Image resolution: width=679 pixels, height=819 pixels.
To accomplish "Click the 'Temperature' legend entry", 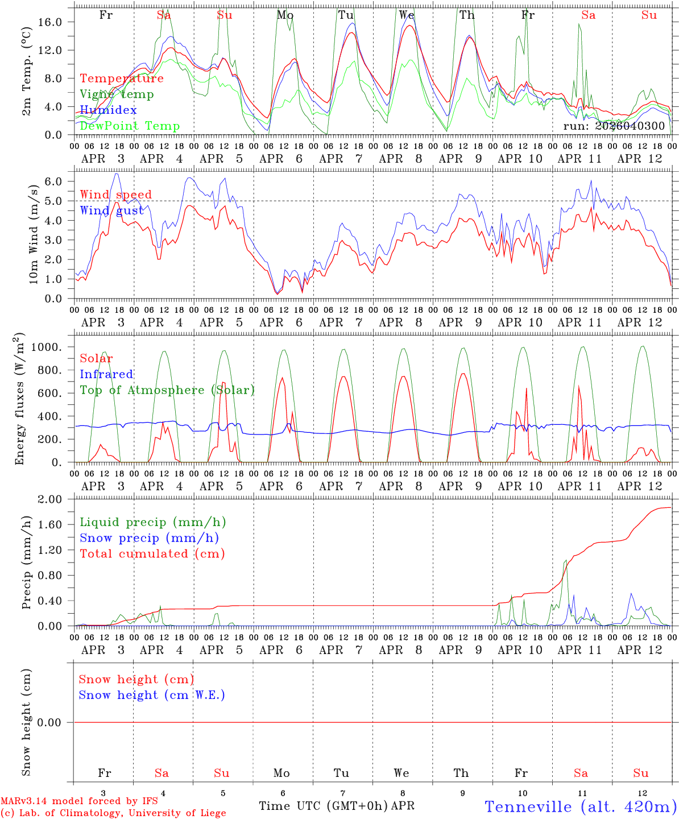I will (x=122, y=78).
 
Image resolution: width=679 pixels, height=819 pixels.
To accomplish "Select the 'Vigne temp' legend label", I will (x=117, y=94).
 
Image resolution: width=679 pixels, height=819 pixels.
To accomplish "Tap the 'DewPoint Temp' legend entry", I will (x=130, y=126).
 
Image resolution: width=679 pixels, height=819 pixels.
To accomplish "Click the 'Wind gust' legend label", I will (x=111, y=210).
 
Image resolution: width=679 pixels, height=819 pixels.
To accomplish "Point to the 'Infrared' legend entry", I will (x=106, y=374).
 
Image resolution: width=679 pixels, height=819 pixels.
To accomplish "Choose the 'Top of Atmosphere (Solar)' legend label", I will (x=167, y=390).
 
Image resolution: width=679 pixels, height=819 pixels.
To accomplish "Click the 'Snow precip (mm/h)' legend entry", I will (x=149, y=538).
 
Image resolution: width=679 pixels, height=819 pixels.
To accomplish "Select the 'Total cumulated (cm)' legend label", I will (x=152, y=554).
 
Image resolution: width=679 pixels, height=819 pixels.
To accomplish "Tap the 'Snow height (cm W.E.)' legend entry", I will (x=152, y=695).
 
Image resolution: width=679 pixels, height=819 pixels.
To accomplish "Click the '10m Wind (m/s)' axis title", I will (x=34, y=234).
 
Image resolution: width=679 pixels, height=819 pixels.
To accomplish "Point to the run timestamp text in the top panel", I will (x=614, y=126).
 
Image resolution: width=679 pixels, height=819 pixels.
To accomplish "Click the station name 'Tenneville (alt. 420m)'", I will (x=580, y=806).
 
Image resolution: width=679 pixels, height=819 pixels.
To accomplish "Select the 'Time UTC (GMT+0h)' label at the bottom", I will (x=323, y=806).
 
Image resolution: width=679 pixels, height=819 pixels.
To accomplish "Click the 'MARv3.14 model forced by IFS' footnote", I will (x=79, y=801).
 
